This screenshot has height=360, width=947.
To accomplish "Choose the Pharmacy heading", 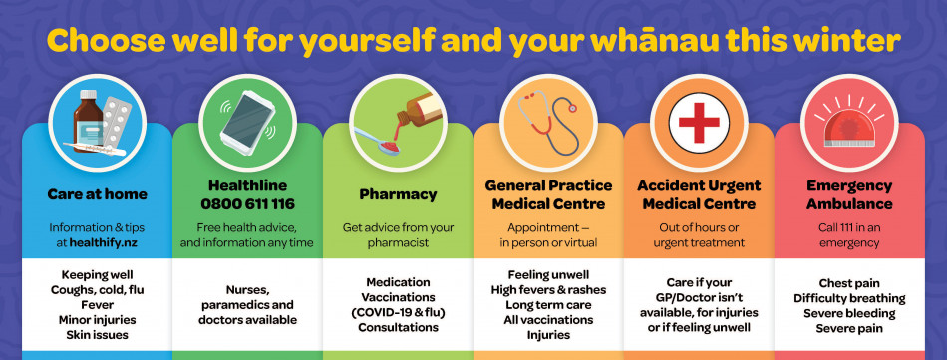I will pyautogui.click(x=398, y=194).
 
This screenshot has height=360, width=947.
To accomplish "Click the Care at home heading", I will pyautogui.click(x=97, y=194).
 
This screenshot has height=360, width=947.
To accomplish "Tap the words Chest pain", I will pyautogui.click(x=849, y=283).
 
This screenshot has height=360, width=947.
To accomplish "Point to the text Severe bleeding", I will pyautogui.click(x=849, y=313).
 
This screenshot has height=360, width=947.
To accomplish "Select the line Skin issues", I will pyautogui.click(x=98, y=335).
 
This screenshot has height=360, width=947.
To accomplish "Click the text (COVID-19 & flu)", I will pyautogui.click(x=398, y=312).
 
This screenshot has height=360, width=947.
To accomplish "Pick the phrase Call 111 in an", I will pyautogui.click(x=849, y=227).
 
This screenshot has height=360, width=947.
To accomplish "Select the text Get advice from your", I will pyautogui.click(x=398, y=227).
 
